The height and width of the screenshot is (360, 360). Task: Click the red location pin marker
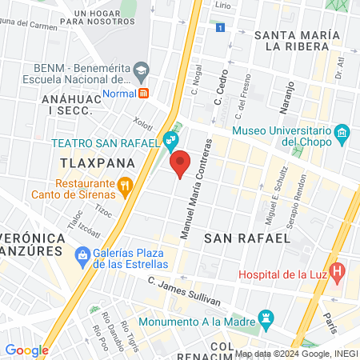coord(180,162)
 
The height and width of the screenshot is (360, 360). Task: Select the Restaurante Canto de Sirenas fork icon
coord(124,187)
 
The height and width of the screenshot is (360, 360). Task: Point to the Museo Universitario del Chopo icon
coord(342,132)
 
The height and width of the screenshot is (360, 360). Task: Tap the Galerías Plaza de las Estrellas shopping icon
coord(82,255)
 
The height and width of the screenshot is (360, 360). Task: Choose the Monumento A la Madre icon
coord(267,322)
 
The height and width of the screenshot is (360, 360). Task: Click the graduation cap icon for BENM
coord(142,70)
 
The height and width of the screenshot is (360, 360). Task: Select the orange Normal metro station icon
coord(144,92)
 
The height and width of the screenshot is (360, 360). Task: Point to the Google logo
coord(26,350)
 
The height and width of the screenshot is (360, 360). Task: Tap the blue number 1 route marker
coord(219,28)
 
